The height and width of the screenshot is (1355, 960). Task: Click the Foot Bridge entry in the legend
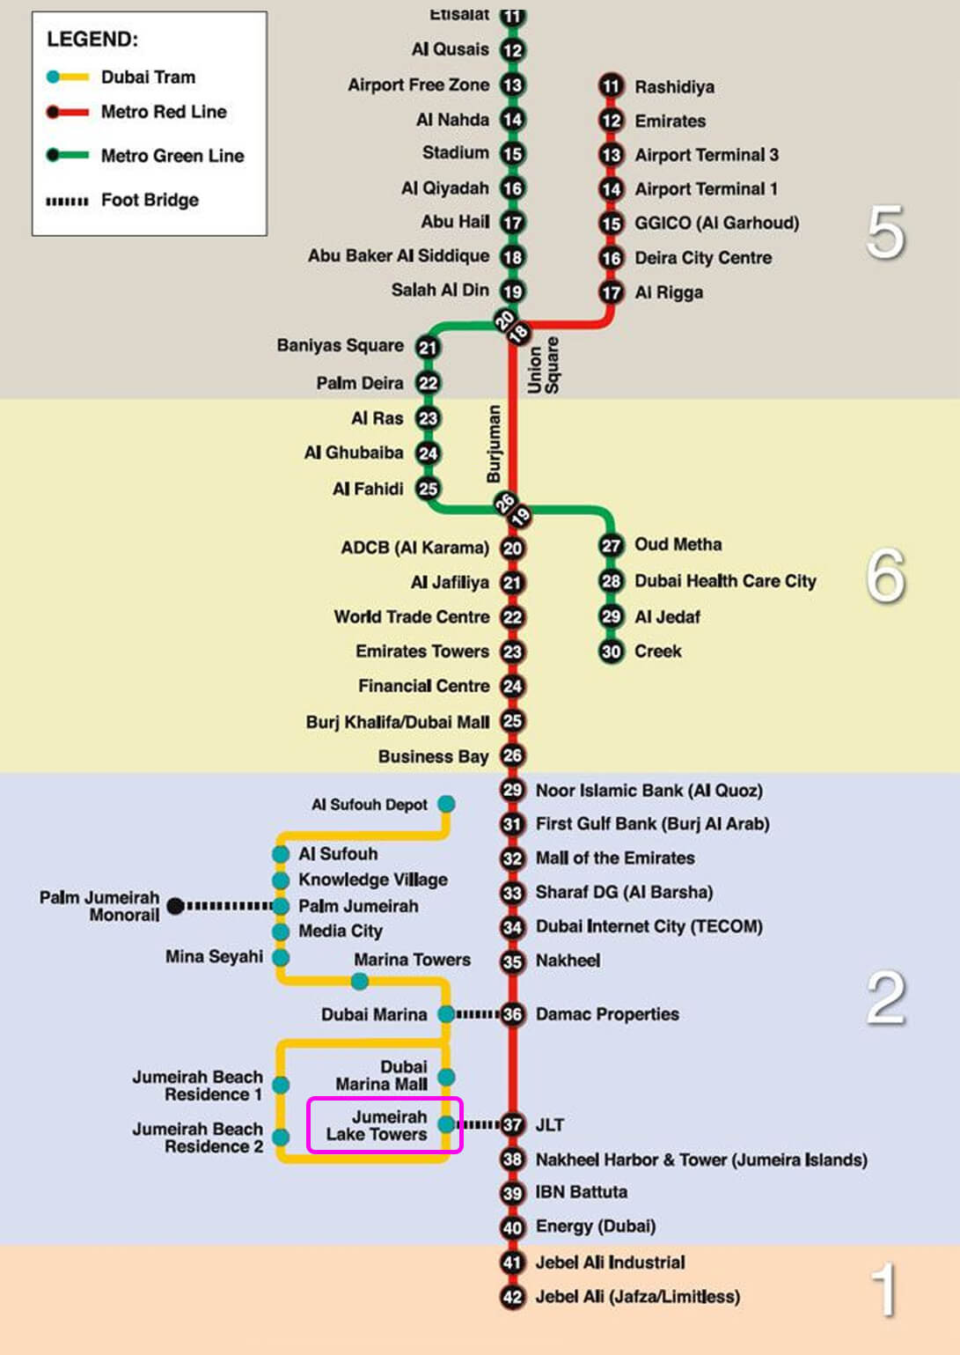click(122, 200)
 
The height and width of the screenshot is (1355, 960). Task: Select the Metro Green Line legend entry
click(145, 156)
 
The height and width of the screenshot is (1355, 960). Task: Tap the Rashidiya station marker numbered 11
click(612, 86)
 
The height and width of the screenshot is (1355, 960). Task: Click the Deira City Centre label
click(703, 258)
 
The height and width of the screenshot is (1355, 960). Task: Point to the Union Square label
click(544, 365)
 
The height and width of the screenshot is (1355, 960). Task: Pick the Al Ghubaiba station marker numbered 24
click(428, 453)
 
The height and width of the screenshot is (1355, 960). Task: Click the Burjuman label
click(494, 444)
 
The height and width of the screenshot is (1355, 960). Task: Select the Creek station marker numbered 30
click(612, 652)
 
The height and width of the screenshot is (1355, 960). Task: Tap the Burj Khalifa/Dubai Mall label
click(397, 722)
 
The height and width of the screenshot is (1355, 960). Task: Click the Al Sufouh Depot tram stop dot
click(446, 804)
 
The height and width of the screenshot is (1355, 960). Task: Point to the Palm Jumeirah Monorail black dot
click(175, 906)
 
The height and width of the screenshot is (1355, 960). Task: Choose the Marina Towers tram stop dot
click(360, 981)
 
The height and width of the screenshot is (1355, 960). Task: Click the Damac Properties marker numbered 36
click(513, 1014)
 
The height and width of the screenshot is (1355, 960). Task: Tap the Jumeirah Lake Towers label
click(377, 1125)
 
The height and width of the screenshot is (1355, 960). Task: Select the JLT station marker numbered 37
click(513, 1124)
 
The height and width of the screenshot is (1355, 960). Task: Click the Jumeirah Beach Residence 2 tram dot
click(281, 1138)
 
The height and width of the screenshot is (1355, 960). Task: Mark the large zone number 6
click(885, 576)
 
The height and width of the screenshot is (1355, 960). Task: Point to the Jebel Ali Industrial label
click(610, 1263)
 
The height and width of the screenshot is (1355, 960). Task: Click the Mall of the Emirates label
click(615, 858)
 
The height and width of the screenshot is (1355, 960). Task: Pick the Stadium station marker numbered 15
click(513, 154)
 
